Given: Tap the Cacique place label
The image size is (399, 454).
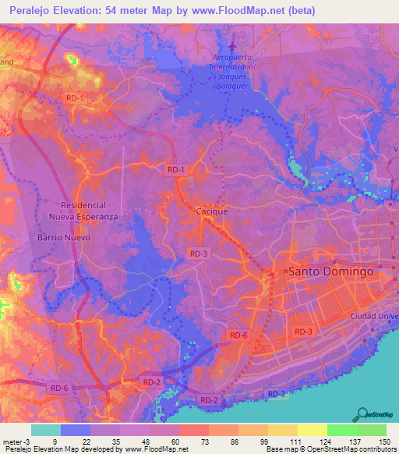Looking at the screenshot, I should [210, 211].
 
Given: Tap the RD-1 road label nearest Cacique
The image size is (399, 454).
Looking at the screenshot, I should [176, 169].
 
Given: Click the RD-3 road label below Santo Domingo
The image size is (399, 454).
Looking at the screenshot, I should [303, 332].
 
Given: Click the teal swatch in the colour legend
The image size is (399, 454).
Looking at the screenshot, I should [46, 430].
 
